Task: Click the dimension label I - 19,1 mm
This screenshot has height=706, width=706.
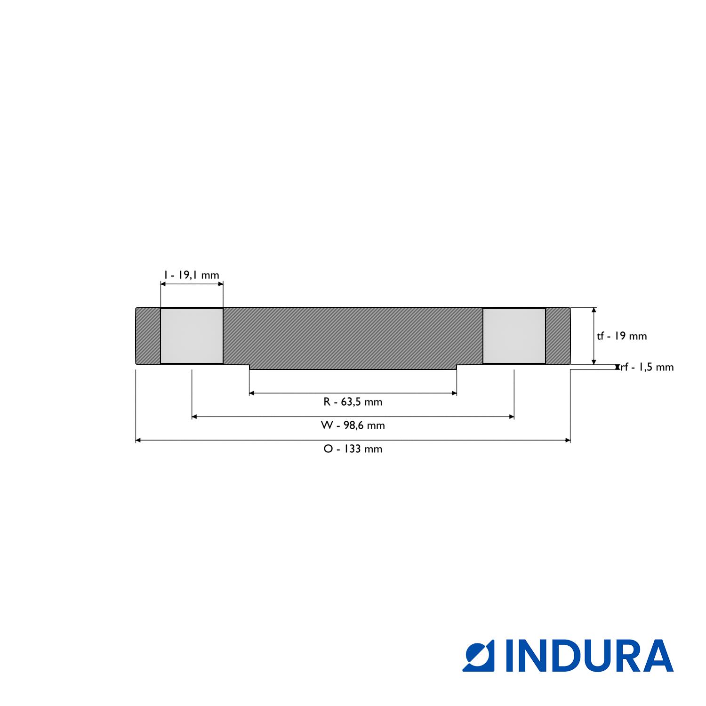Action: click(x=191, y=275)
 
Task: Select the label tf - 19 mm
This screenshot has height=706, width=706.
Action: click(x=622, y=336)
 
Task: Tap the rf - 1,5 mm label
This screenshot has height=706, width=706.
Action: click(x=647, y=367)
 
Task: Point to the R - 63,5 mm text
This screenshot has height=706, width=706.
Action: click(x=353, y=402)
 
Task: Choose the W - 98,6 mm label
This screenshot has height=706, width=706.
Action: click(x=353, y=425)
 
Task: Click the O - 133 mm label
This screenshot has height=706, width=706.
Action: click(x=353, y=449)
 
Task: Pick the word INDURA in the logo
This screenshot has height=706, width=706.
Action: click(x=589, y=656)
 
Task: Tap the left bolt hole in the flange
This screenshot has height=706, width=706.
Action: click(x=192, y=336)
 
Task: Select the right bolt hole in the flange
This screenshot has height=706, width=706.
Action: click(x=514, y=336)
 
